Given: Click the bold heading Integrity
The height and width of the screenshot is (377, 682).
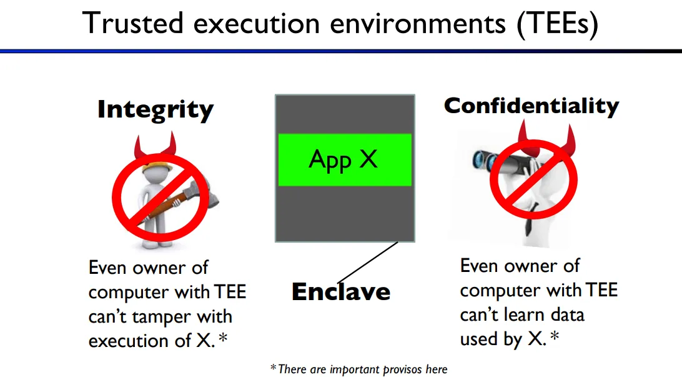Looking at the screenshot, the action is [156, 109].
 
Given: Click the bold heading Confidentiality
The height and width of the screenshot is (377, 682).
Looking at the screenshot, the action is [531, 106].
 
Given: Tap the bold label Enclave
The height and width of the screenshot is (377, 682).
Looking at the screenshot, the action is [341, 292].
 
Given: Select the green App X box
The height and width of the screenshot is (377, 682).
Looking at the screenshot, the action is [345, 160].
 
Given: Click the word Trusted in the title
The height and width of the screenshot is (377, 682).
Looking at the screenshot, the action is [132, 23].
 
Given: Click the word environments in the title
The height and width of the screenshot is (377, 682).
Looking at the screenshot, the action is [418, 24].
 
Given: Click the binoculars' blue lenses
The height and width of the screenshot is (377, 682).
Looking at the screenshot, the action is [483, 161].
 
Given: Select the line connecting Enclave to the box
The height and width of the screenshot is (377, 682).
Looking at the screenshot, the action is [368, 263].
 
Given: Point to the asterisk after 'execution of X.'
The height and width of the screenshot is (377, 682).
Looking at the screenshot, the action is [223, 338].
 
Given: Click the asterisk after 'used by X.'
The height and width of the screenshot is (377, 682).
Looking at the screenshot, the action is [555, 336].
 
